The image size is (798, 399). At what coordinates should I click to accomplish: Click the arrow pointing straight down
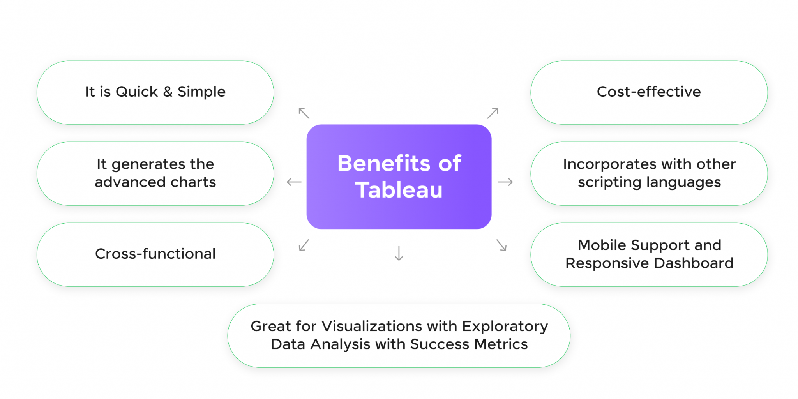[x=399, y=253]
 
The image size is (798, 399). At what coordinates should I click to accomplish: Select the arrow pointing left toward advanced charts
[x=294, y=182]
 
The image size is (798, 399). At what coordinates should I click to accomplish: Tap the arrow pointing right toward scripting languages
[x=505, y=182]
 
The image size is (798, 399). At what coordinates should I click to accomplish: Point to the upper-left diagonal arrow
[x=304, y=113]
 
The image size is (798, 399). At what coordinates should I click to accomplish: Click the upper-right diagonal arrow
[x=493, y=113]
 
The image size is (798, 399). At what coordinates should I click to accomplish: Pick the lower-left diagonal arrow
[x=304, y=245]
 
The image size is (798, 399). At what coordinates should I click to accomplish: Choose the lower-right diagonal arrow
[x=501, y=245]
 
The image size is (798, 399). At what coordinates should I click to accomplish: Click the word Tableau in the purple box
[x=399, y=190]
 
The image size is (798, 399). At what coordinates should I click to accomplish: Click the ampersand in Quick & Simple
[x=168, y=92]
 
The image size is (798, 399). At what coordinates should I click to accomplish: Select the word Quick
[x=137, y=92]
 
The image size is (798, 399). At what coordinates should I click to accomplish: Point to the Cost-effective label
[x=649, y=92]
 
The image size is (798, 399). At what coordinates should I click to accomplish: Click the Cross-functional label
[x=155, y=254]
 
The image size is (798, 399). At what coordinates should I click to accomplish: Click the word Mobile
[x=602, y=245]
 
